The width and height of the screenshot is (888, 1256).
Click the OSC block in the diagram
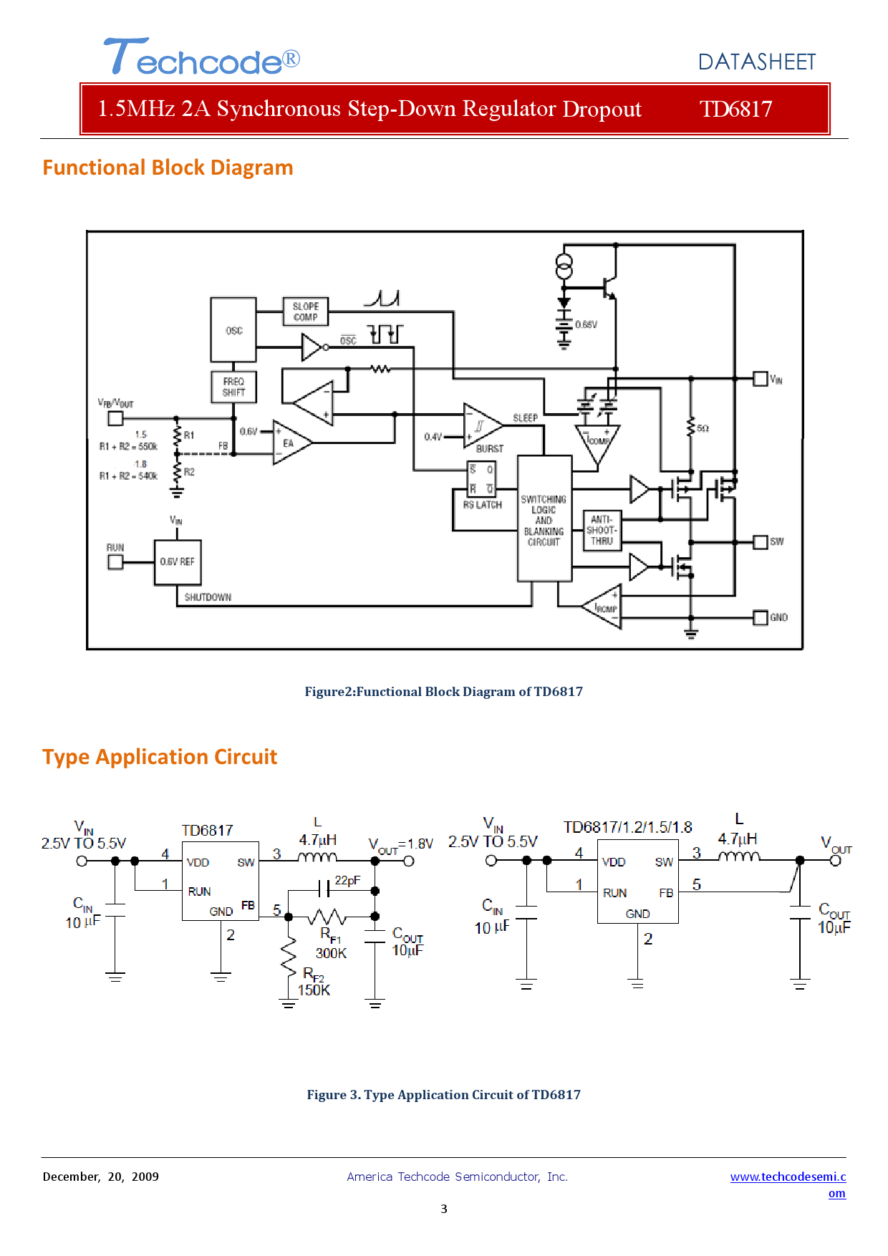pyautogui.click(x=233, y=330)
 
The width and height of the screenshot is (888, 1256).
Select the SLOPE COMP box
pyautogui.click(x=306, y=311)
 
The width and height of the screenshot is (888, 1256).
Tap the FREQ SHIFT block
pyautogui.click(x=233, y=387)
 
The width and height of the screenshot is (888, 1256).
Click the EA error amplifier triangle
pyautogui.click(x=289, y=443)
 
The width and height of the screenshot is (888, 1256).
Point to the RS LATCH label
pyautogui.click(x=482, y=505)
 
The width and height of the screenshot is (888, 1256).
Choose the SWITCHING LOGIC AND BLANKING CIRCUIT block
pyautogui.click(x=544, y=519)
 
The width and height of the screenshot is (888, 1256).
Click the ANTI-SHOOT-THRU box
pyautogui.click(x=602, y=530)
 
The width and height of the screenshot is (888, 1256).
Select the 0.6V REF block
pyautogui.click(x=178, y=562)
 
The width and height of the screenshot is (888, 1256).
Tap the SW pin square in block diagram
pyautogui.click(x=761, y=542)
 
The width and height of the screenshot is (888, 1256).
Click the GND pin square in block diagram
pyautogui.click(x=761, y=617)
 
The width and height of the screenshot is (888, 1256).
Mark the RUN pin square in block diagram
pyautogui.click(x=115, y=562)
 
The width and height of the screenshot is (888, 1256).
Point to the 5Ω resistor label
pyautogui.click(x=703, y=428)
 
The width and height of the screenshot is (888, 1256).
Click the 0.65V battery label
pyautogui.click(x=586, y=324)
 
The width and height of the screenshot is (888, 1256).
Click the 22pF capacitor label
pyautogui.click(x=347, y=880)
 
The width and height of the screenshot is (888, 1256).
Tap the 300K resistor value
pyautogui.click(x=331, y=953)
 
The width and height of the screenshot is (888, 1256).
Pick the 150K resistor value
pyautogui.click(x=314, y=990)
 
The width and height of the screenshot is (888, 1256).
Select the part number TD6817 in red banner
pyautogui.click(x=735, y=109)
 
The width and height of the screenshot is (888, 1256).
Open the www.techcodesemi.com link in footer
pyautogui.click(x=788, y=1177)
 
